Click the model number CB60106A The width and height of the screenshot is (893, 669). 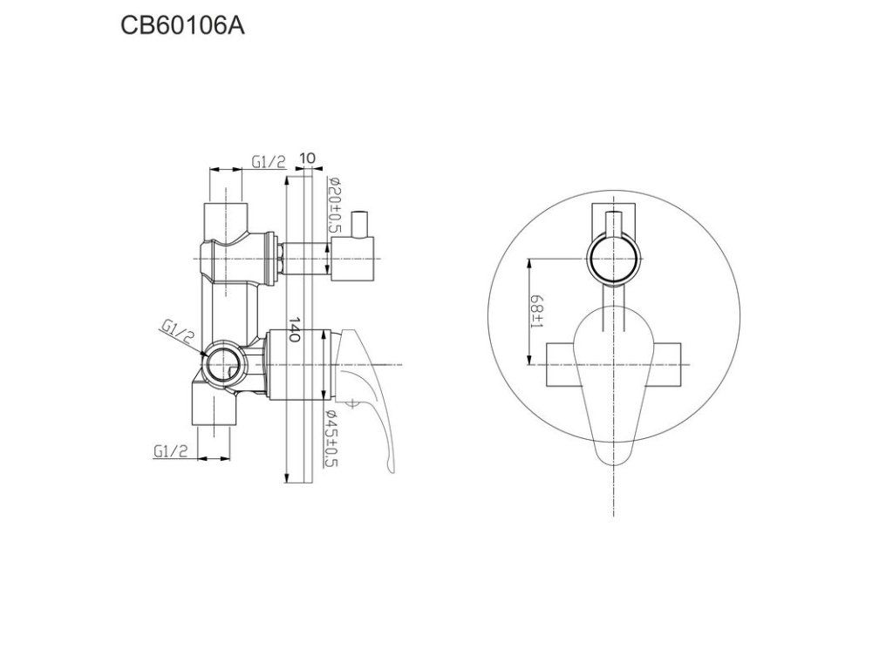(182, 25)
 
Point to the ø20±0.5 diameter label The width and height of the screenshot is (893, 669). (332, 204)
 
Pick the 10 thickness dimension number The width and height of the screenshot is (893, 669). (306, 159)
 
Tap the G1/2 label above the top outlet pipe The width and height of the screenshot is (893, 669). (269, 161)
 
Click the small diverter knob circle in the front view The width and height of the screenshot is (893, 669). (616, 260)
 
